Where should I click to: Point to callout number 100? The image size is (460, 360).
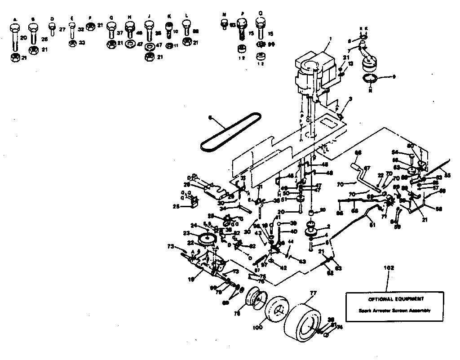click(257, 328)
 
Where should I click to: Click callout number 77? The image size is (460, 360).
click(313, 292)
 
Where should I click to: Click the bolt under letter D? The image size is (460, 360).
click(52, 30)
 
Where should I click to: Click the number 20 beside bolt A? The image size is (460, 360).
click(24, 38)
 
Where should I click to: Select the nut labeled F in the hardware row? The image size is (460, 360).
click(89, 25)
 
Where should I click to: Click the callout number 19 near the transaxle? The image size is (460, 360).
click(191, 280)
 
